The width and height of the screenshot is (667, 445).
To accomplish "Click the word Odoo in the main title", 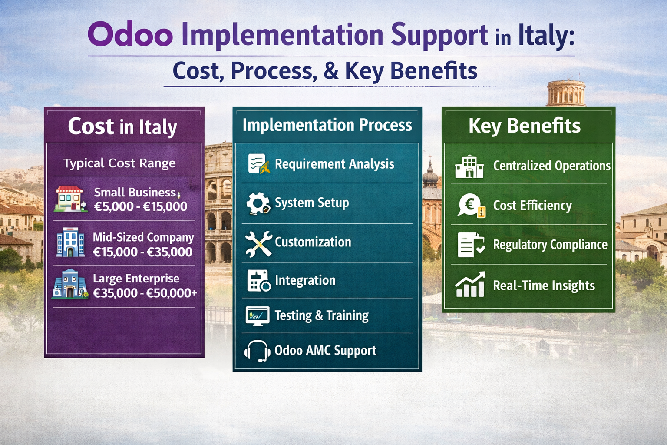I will (x=130, y=35).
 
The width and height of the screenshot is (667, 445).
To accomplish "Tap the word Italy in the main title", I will (x=546, y=36).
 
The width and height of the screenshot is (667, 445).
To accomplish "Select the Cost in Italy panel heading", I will (x=122, y=127).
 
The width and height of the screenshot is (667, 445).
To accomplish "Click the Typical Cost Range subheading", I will (x=119, y=163).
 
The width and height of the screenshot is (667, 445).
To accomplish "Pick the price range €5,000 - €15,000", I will (x=141, y=206).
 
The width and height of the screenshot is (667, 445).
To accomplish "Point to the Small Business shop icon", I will (x=69, y=199).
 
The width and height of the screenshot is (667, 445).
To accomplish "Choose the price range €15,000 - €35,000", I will (x=142, y=252).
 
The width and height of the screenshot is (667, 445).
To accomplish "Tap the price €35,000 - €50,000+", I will (x=145, y=293).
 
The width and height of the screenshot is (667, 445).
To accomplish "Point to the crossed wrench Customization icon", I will (x=258, y=243).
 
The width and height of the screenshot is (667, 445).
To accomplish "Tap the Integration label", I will (x=305, y=280).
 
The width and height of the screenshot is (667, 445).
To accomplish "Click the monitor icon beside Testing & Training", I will (x=258, y=316).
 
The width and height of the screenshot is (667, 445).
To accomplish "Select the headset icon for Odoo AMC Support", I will (x=258, y=351).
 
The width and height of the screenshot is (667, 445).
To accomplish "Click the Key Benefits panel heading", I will (x=524, y=126).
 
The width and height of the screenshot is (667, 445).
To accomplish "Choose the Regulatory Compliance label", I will (x=550, y=245).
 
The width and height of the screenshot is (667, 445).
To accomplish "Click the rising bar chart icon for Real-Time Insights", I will (x=470, y=285).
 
